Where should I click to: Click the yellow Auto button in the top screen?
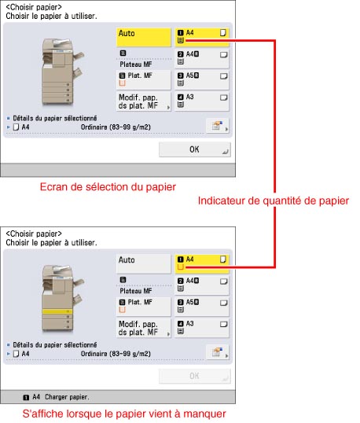(144, 37)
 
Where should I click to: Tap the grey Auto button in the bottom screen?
(144, 264)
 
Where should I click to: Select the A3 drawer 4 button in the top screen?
(202, 101)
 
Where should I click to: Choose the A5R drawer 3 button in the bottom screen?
(202, 307)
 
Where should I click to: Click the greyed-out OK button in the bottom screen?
(195, 376)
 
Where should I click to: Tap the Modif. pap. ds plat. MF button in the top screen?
(144, 101)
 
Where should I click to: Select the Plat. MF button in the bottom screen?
(144, 307)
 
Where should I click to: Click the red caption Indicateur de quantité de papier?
(274, 201)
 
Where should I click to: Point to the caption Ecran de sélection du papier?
(108, 187)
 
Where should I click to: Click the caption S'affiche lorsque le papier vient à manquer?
(124, 414)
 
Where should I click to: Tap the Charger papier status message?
(67, 397)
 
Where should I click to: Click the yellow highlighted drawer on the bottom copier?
(57, 311)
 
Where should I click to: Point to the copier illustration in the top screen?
(62, 72)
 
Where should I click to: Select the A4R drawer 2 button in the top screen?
(202, 58)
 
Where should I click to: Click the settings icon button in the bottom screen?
(218, 352)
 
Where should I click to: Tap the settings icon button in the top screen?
(218, 126)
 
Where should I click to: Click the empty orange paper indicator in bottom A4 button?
(181, 267)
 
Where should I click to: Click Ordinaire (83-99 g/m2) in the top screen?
(116, 127)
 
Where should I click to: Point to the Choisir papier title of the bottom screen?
(34, 234)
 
